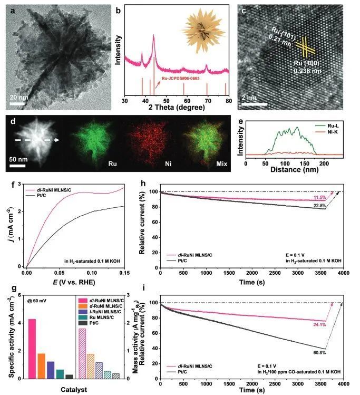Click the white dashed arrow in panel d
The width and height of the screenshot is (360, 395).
point(36,140)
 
